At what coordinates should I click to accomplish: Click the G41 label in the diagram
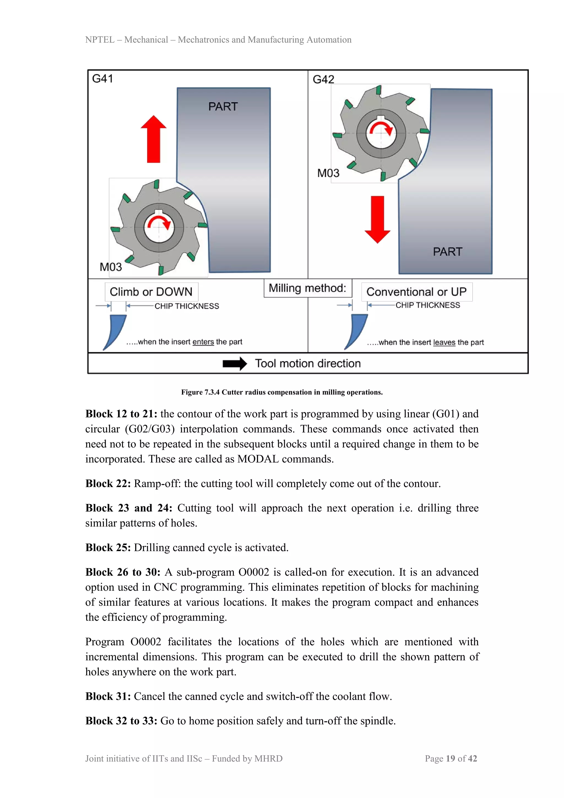[x=102, y=79]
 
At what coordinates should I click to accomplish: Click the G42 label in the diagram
[x=323, y=80]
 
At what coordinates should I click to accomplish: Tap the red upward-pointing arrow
[x=153, y=139]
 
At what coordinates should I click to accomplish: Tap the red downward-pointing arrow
[x=378, y=219]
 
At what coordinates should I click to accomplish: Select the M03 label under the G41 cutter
[x=111, y=267]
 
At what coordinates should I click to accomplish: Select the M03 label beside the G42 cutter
[x=328, y=173]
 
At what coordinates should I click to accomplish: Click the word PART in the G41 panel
[x=223, y=106]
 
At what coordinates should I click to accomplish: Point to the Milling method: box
[x=308, y=288]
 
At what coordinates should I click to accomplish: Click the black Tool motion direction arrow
[x=235, y=363]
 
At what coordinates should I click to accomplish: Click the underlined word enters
[x=203, y=342]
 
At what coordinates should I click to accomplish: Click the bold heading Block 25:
[x=108, y=548]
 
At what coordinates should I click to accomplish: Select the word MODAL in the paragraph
[x=258, y=459]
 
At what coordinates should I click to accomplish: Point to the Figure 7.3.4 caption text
[x=282, y=392]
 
